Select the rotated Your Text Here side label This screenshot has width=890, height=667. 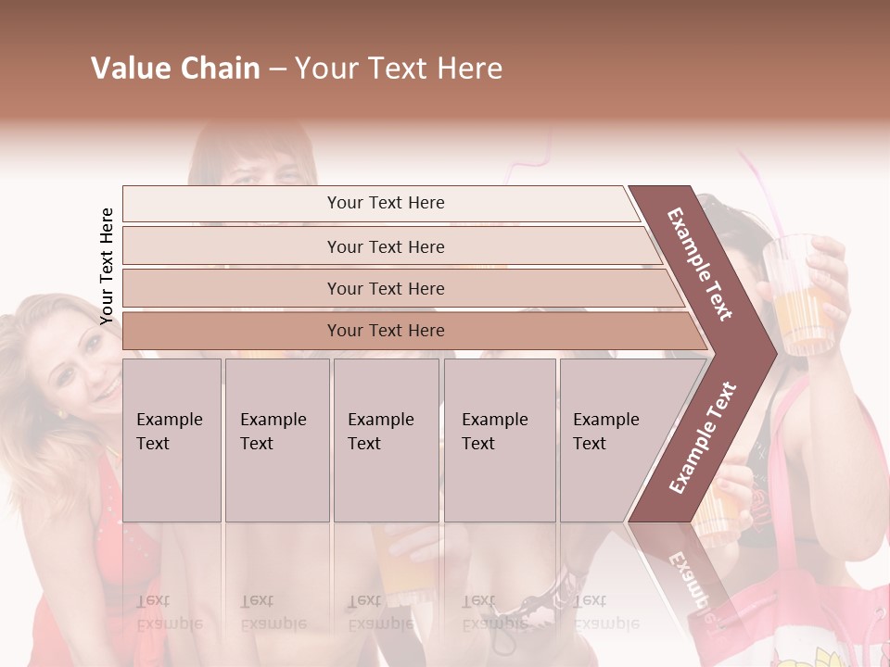(107, 266)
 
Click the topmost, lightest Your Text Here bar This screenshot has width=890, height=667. (385, 203)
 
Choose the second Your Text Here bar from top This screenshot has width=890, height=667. (385, 246)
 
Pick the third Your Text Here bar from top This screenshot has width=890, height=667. (385, 288)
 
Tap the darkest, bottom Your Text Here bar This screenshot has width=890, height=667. (385, 331)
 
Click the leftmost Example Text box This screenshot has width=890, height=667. (172, 439)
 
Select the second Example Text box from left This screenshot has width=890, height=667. (276, 439)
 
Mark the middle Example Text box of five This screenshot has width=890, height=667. (386, 439)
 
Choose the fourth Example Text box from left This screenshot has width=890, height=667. (499, 439)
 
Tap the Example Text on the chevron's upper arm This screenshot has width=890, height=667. (700, 263)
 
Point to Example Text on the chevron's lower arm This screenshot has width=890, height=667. (703, 437)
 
